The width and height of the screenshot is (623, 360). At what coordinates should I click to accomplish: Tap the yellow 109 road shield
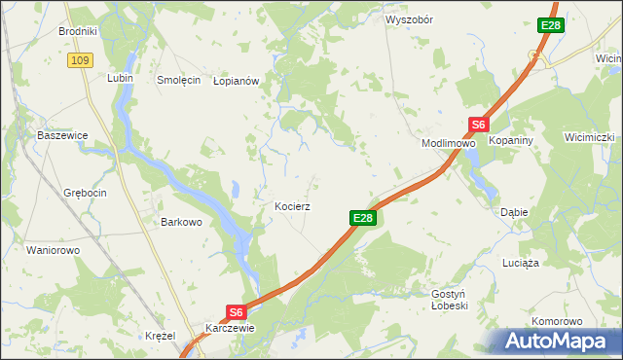tap(80, 60)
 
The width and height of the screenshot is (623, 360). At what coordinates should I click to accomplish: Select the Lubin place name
tap(121, 78)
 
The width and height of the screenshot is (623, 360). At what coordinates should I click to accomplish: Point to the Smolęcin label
tap(178, 81)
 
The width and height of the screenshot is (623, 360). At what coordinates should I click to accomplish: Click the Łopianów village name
tap(236, 82)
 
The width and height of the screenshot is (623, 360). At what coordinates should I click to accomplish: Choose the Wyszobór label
tap(409, 19)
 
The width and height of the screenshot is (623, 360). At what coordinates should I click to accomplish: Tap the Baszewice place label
tap(62, 135)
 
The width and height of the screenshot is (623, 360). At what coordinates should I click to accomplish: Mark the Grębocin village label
tap(84, 193)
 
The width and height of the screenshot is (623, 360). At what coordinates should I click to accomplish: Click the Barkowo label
tap(181, 222)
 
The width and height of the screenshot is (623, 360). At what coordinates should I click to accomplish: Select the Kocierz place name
tap(292, 207)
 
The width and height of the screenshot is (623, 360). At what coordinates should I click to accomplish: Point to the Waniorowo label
tap(53, 250)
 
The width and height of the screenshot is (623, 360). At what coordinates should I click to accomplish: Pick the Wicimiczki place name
tap(589, 137)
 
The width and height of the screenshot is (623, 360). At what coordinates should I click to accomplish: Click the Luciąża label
tap(521, 263)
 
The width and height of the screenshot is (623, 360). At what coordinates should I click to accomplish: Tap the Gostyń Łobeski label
tap(450, 299)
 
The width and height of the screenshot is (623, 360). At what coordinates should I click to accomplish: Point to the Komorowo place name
tap(557, 321)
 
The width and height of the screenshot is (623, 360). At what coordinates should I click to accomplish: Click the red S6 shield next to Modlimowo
tap(478, 125)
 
